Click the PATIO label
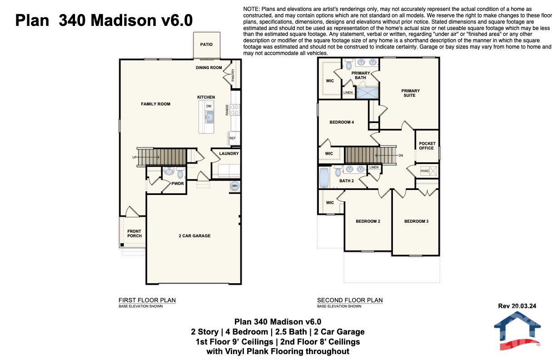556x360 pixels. pos(206,45)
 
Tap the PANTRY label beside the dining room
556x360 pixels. pos(233,75)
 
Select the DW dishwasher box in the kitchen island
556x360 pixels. pos(208,106)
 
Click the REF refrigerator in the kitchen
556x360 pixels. pos(233,138)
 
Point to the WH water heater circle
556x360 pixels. pos(235,186)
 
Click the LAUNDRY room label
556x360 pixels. pos(228,154)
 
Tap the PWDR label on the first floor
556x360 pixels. pos(177,184)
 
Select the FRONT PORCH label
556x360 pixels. pos(134,234)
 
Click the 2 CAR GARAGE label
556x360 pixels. pos(194,236)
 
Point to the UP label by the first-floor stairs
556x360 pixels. pos(134,157)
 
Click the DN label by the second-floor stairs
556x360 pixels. pos(400,155)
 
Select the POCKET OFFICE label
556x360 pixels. pos(427,145)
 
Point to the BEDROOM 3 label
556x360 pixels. pos(416,221)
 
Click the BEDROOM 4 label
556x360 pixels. pos(342,122)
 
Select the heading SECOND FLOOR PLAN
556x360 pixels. pos(349,300)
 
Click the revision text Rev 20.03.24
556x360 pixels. pos(517,306)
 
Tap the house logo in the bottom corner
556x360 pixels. pos(517,330)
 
